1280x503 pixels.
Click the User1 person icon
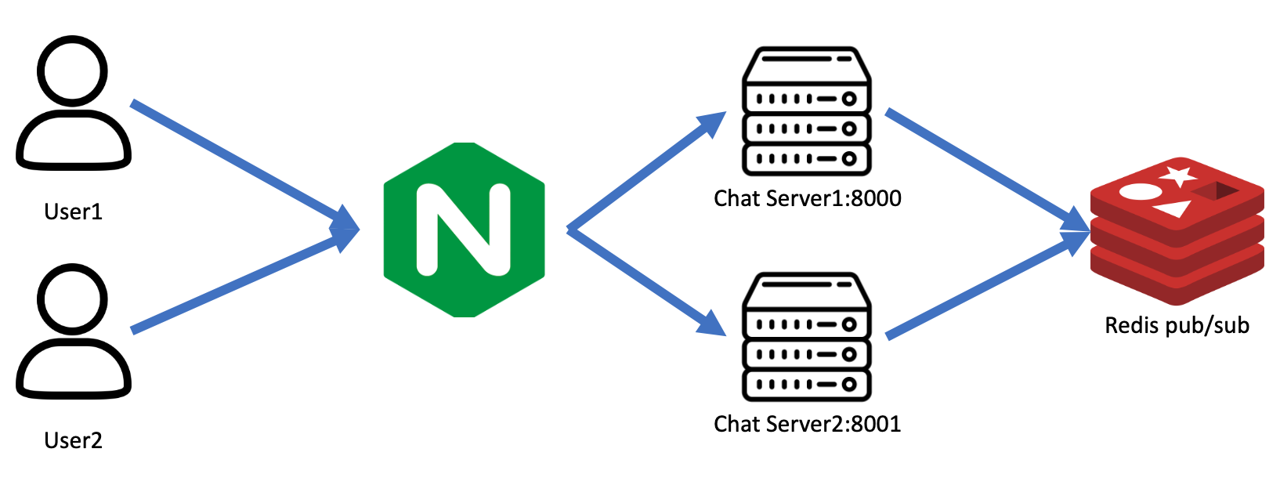73,106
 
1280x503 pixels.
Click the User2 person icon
73,333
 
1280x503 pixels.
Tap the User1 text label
73,212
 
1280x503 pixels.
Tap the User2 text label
73,440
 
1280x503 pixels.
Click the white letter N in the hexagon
464,230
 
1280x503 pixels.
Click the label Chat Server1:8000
807,198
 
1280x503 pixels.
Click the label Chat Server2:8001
807,424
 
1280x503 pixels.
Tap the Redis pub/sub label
1177,325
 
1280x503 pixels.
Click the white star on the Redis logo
1179,176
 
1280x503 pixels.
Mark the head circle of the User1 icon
73,71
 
